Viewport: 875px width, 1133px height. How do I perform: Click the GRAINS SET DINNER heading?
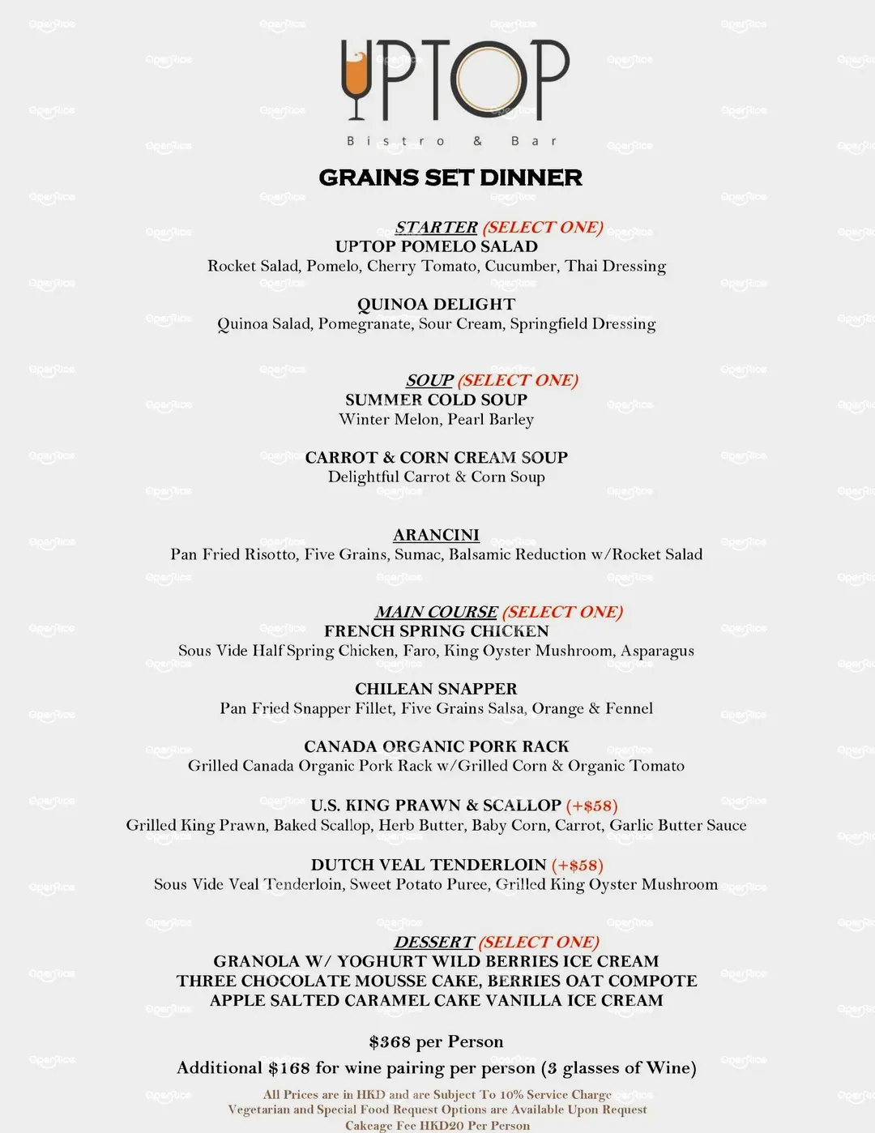pos(450,177)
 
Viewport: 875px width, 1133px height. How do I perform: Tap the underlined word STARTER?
pos(436,227)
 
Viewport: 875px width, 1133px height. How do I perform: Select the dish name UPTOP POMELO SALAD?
pos(437,246)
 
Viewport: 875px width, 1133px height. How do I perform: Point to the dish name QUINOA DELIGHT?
pos(436,304)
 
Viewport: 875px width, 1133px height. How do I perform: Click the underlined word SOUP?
pos(429,380)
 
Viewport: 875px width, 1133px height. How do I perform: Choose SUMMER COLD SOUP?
pos(436,400)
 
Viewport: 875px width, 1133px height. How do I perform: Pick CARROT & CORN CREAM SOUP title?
pos(436,457)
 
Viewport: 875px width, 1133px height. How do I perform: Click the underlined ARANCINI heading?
pos(436,535)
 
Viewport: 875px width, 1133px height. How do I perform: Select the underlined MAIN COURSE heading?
pos(436,612)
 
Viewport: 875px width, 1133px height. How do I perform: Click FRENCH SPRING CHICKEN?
pos(436,631)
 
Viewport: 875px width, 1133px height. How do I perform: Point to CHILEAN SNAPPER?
pos(436,688)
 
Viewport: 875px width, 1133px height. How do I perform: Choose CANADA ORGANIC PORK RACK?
pos(436,746)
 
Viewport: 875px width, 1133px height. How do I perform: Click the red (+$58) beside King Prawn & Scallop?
pos(591,806)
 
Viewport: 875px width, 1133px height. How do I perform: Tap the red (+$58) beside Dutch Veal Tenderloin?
pos(577,865)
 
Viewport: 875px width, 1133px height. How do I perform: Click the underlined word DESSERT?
pos(433,942)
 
